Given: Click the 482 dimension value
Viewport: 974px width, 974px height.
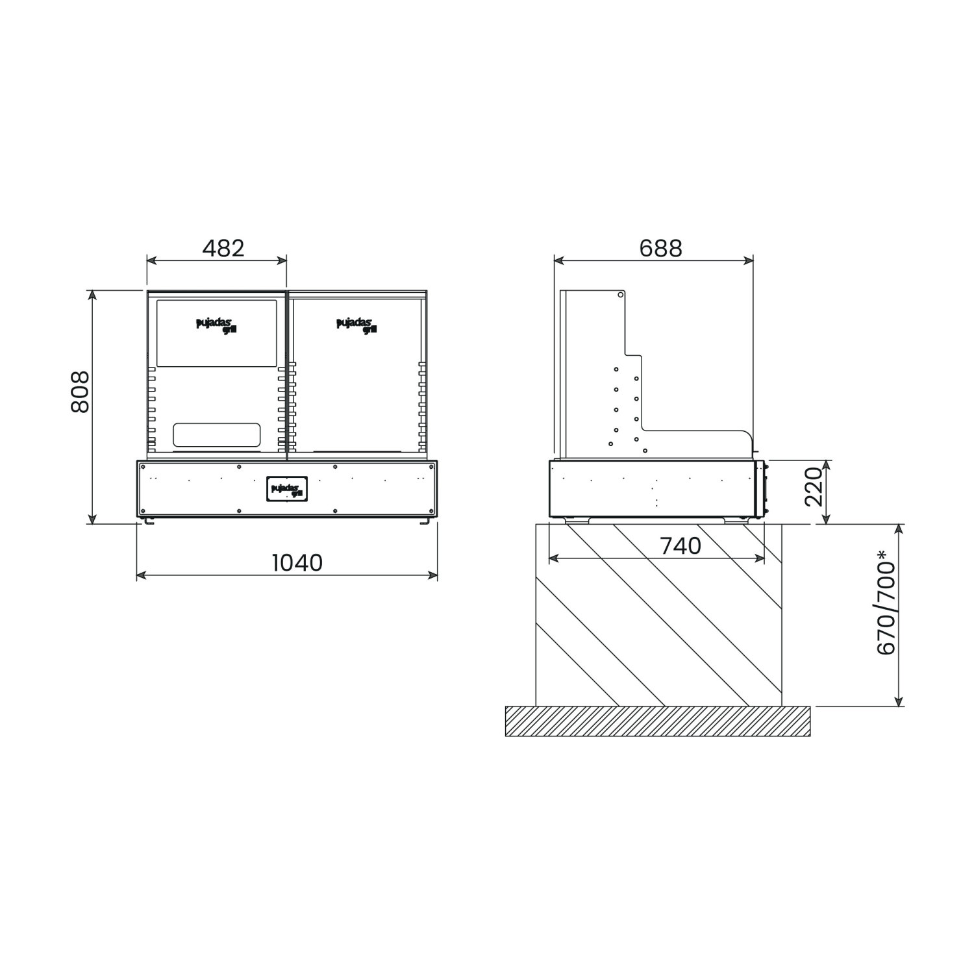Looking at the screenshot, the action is (223, 248).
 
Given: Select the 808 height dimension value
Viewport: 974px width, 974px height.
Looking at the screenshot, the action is (79, 392).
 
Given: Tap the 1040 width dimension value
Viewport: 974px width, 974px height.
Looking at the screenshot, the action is (297, 562).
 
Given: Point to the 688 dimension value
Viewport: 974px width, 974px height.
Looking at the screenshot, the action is (661, 248).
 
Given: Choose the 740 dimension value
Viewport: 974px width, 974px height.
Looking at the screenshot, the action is (681, 546).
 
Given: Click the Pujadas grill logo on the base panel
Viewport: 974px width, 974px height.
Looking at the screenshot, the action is (286, 490).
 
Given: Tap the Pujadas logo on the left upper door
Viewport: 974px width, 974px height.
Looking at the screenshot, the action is (214, 325).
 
